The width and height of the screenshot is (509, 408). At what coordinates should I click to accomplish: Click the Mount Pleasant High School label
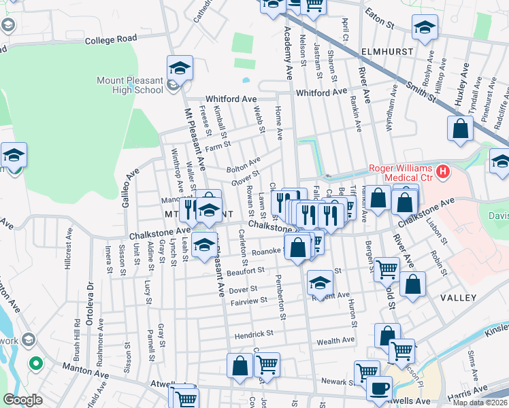(129, 85)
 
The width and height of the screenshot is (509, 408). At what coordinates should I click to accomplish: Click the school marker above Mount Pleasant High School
(180, 67)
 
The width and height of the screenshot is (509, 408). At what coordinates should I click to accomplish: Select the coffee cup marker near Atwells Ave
(379, 388)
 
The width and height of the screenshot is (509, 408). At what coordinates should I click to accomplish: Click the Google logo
(22, 399)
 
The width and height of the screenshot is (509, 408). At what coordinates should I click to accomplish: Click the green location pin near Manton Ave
(34, 364)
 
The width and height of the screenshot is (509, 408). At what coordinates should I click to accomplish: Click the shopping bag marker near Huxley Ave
(460, 128)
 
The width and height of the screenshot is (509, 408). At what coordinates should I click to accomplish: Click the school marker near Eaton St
(425, 28)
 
